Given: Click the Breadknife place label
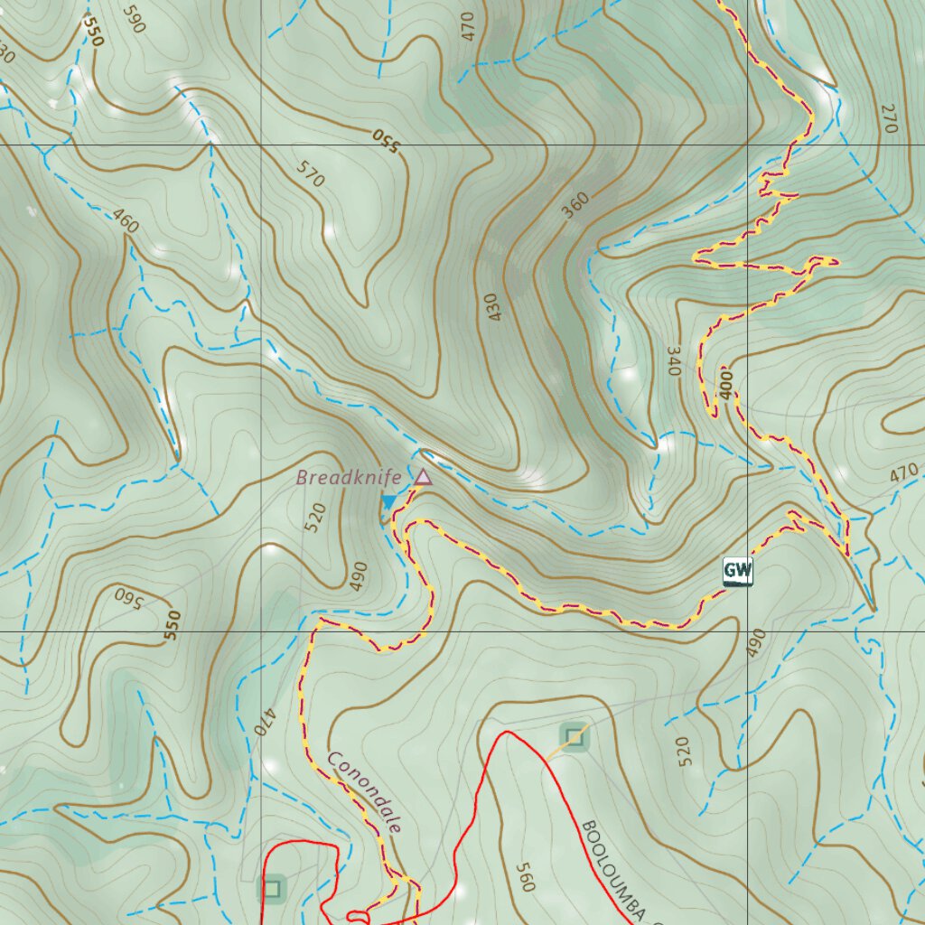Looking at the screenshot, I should point(349,478).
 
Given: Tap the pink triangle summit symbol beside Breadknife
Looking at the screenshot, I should point(423,476).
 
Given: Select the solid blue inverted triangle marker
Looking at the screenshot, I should point(389,501).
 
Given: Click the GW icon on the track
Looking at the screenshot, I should point(737,570).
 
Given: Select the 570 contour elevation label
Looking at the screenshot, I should point(310,173).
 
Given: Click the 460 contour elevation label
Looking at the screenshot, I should point(126,221).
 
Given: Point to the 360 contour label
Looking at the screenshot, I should point(575,206).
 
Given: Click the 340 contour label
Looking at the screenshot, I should point(673,360).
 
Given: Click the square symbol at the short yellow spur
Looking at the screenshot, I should point(575,737).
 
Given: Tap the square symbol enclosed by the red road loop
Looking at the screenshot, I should point(273,889).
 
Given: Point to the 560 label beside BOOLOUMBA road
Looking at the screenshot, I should point(525,876).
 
